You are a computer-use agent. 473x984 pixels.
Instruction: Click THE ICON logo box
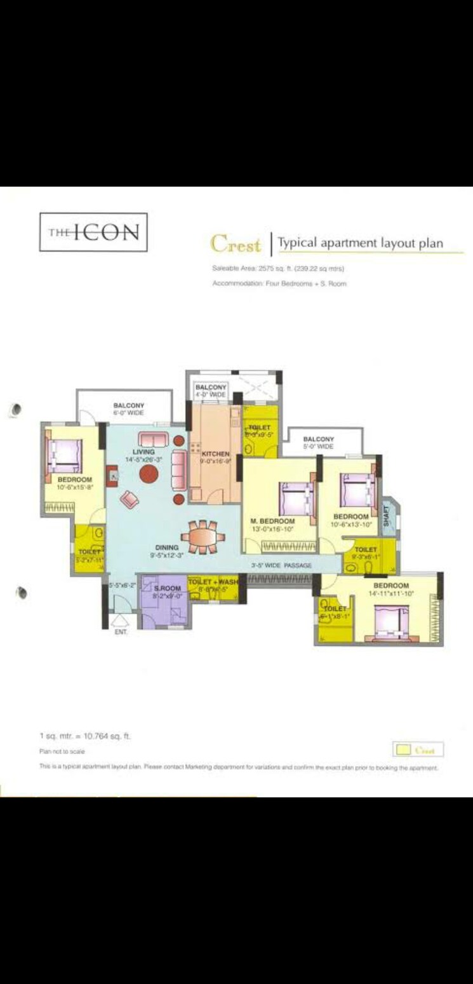tap(93, 233)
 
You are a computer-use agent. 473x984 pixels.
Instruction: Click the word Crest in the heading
tap(236, 243)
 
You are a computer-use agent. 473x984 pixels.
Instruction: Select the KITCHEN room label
tap(215, 454)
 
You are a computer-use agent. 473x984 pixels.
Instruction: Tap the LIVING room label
tap(143, 452)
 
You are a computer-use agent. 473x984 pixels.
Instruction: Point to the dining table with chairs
tap(203, 535)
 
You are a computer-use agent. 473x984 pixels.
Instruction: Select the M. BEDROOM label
tap(273, 521)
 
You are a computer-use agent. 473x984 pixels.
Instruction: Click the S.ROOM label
tap(168, 589)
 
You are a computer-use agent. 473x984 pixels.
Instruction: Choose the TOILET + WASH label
tap(213, 582)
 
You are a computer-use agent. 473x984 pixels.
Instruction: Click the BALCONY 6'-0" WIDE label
tap(128, 409)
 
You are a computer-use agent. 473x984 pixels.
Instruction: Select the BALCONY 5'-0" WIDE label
tap(318, 443)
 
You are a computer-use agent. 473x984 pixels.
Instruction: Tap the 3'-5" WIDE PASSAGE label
tap(281, 565)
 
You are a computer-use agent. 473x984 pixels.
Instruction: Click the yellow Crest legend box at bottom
tap(418, 750)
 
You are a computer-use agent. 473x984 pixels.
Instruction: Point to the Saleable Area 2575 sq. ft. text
tap(278, 269)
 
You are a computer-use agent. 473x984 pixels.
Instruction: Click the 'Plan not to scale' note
tap(62, 751)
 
